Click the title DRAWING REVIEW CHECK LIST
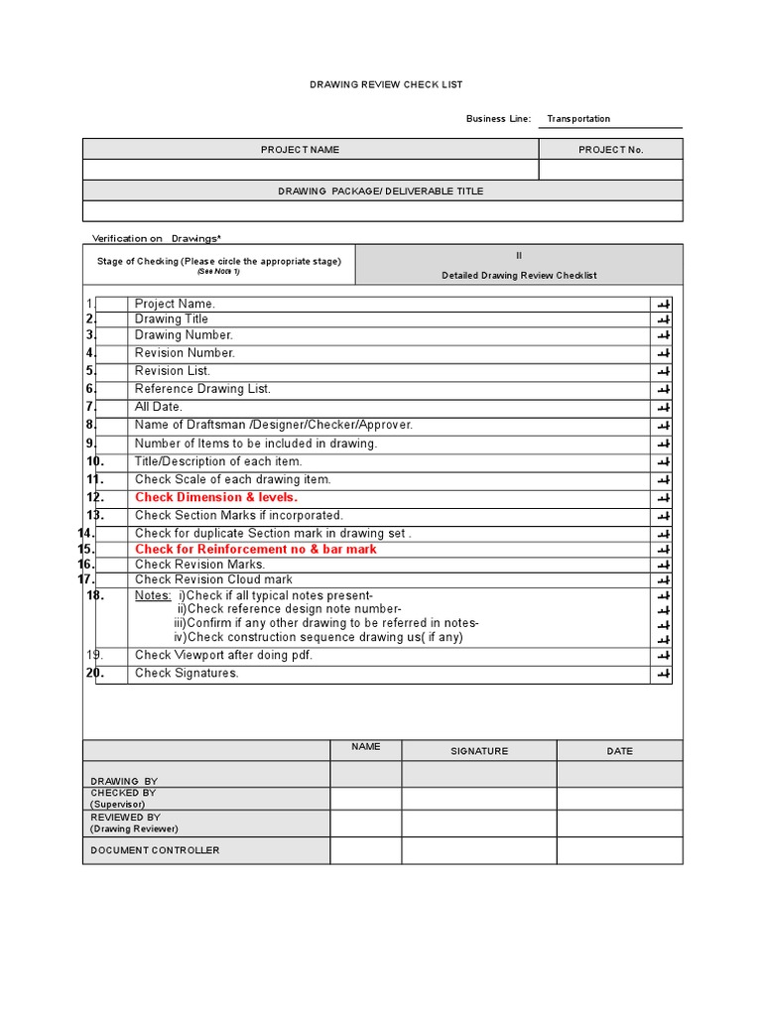point(386,85)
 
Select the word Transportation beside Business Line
point(578,119)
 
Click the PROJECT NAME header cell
point(300,150)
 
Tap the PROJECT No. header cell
point(610,150)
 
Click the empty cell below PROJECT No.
point(610,171)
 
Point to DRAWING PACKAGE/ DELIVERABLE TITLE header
point(381,190)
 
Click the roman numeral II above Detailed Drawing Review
point(518,256)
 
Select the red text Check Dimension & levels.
point(216,497)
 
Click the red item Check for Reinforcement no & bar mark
point(256,550)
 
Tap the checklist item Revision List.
point(173,371)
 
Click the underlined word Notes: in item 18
point(153,595)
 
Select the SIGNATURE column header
point(479,751)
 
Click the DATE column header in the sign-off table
point(619,751)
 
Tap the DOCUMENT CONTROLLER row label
point(156,850)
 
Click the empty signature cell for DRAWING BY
point(479,775)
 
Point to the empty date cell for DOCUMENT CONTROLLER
point(619,850)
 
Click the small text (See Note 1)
point(218,271)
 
